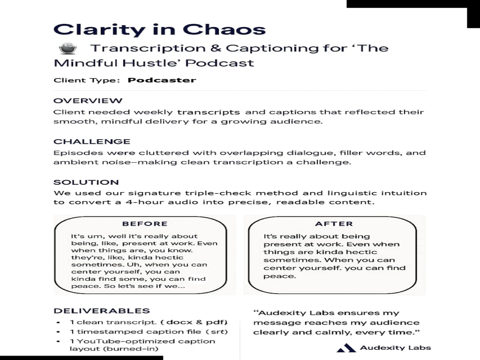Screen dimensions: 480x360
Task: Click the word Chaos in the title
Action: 224,29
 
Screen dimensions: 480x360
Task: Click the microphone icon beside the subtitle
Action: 68,48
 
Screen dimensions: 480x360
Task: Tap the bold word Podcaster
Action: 162,80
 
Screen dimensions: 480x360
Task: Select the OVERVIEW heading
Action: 88,101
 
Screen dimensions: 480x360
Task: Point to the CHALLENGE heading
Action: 92,142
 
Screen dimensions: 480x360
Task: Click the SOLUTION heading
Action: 86,182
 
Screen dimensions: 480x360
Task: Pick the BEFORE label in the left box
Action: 145,224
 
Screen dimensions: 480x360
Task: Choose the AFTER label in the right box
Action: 334,224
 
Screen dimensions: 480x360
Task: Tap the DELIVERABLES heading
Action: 102,311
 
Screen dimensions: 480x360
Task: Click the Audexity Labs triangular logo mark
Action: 346,348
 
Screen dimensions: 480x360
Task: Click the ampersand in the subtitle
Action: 216,48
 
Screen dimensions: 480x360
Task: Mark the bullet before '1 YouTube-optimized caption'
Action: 58,341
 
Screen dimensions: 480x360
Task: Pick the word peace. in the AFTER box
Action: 280,276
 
